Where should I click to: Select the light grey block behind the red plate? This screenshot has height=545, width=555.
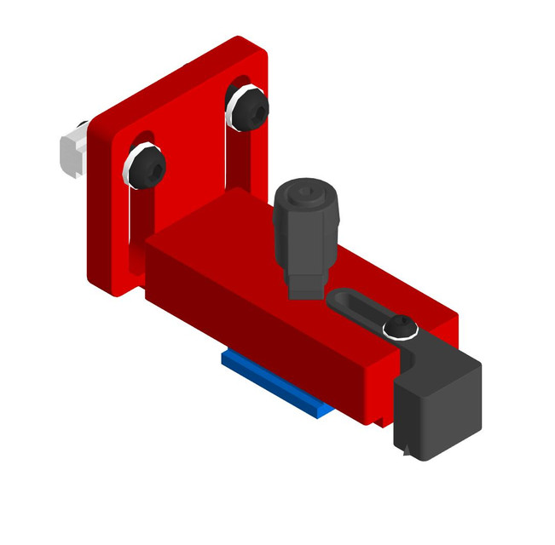72,150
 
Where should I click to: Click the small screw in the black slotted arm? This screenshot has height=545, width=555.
400,328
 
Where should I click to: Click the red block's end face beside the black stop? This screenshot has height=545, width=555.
379,392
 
